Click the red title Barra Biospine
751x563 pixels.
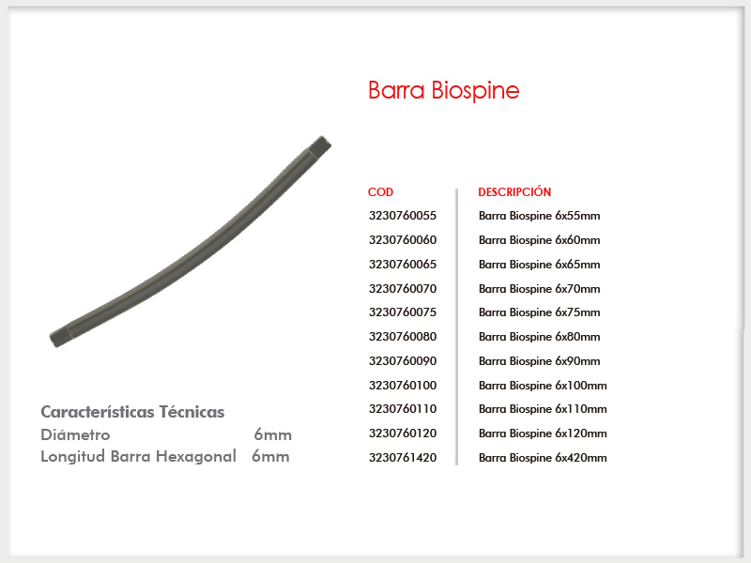coord(443,90)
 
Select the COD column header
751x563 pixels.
coord(380,192)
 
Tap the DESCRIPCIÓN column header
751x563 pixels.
coord(514,191)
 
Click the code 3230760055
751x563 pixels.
coord(403,216)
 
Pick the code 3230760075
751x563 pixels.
coord(403,312)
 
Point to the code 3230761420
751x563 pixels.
coord(403,458)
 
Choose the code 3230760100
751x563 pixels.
coord(403,386)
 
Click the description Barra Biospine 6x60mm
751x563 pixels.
coord(539,240)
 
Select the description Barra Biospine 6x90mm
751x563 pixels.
coord(539,361)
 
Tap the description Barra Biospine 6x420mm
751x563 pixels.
coord(543,458)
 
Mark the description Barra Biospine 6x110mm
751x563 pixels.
coord(543,409)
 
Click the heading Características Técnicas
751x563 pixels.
coord(132,412)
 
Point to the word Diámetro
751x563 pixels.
coord(75,434)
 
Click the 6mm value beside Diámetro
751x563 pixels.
coord(272,434)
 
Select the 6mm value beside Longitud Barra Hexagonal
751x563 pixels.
coord(270,456)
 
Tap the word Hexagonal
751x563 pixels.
coord(196,456)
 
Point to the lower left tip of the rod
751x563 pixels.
coord(53,342)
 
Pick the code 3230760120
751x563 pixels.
coord(403,434)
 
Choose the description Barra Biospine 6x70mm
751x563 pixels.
coord(539,289)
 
